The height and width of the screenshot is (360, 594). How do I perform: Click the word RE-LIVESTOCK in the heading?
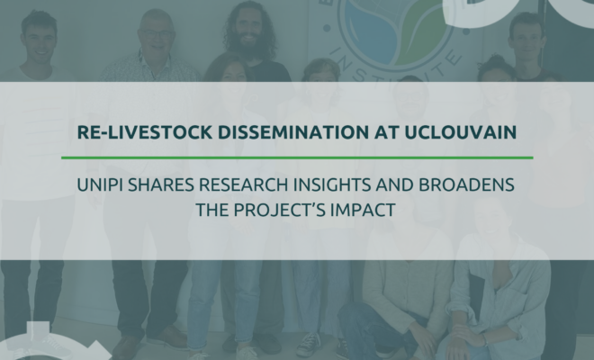pos(144,132)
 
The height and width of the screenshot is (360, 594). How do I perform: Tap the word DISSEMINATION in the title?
pos(292,132)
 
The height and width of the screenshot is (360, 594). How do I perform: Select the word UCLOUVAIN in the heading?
pos(461,132)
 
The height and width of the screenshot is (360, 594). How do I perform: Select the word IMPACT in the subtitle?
pos(364,210)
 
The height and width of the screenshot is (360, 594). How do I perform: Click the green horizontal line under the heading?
pos(297,157)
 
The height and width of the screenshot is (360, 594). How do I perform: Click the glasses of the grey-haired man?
pos(156,33)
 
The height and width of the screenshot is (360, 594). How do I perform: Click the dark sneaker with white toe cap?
pos(307,344)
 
